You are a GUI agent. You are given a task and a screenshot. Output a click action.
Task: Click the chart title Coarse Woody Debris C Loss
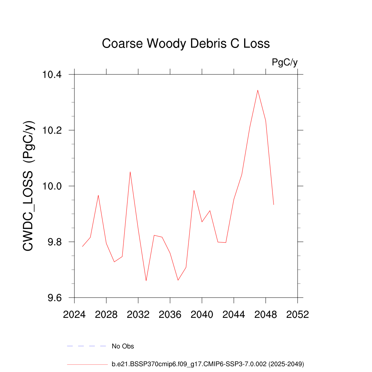coord(186,44)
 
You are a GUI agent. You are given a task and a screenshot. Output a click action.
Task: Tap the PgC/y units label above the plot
coord(285,62)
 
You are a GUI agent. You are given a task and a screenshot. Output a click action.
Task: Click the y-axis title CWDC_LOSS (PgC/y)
coord(29,186)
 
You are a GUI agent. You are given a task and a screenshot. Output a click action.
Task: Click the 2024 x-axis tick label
coord(74,315)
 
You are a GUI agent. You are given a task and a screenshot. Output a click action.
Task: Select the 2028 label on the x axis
coord(106,315)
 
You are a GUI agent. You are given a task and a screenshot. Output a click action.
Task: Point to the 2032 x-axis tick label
coord(138,315)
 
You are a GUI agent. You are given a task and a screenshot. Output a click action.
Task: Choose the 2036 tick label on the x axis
coord(170,315)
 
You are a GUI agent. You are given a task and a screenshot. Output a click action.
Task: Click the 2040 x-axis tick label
coord(202,315)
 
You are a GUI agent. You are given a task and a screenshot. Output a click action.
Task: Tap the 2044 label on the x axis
coord(234,315)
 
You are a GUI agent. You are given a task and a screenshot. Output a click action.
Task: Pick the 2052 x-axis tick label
coord(298,315)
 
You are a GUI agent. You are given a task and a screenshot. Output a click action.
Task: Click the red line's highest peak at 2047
coord(258,90)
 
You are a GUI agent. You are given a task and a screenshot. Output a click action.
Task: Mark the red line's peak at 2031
coord(130,172)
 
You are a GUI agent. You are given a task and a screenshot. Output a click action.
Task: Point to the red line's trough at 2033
coord(146,280)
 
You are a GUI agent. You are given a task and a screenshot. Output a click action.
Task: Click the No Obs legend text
coord(123,346)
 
